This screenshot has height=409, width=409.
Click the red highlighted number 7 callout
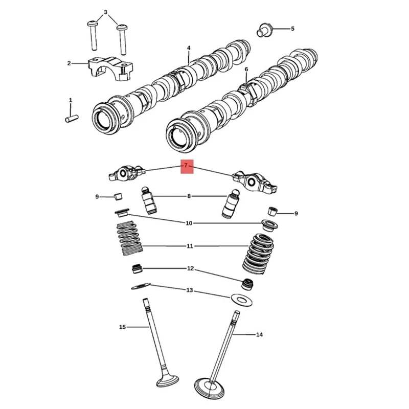click(186, 166)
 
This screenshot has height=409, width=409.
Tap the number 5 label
click(292, 29)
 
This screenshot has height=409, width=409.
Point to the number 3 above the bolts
click(106, 12)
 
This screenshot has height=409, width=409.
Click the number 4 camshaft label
click(189, 48)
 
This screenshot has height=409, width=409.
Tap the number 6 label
click(246, 69)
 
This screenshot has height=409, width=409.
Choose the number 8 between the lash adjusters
click(189, 196)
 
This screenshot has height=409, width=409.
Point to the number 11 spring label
click(190, 246)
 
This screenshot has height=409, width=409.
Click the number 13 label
click(189, 290)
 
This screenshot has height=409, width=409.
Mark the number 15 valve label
click(122, 327)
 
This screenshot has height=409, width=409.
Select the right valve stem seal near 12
click(247, 283)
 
